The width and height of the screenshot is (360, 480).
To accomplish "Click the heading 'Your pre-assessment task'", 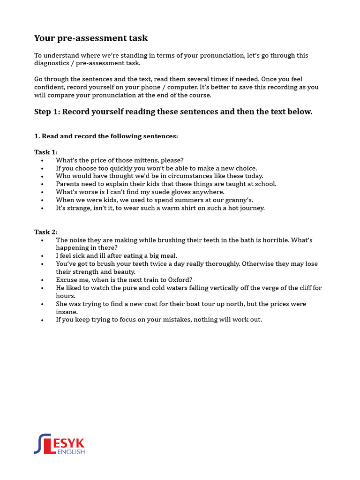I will click(x=91, y=38).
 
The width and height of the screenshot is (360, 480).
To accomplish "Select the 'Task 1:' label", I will click(x=46, y=152).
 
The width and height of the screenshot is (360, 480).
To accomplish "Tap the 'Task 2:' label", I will click(x=46, y=232).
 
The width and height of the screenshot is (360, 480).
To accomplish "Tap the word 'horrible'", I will click(x=272, y=240).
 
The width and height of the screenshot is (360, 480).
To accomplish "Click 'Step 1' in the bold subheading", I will click(x=46, y=112).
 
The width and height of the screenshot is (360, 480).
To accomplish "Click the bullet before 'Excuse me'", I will click(x=42, y=280).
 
